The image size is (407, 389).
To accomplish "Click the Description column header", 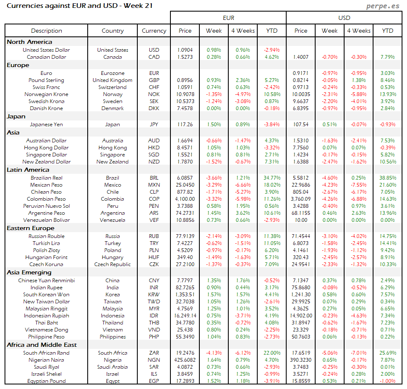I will click(x=46, y=31).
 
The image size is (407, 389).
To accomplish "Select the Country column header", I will click(x=113, y=31).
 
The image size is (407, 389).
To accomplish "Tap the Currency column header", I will click(x=154, y=31).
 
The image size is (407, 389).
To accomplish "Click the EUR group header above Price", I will click(x=228, y=18).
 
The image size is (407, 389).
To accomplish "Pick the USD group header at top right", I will click(x=344, y=18).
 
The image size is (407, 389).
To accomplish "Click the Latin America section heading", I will click(x=28, y=170).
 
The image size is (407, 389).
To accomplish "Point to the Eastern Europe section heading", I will click(x=30, y=228).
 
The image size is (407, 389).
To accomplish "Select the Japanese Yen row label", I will click(x=46, y=124).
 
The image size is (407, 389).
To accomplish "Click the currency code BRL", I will click(x=154, y=178).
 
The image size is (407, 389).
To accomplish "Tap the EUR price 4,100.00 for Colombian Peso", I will click(x=185, y=199).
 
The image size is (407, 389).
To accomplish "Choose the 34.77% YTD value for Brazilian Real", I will click(x=271, y=178).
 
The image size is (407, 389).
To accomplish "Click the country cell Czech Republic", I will click(x=113, y=264).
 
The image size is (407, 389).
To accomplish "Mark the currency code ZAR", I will click(x=154, y=353).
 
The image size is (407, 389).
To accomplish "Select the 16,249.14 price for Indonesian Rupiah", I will click(x=185, y=316).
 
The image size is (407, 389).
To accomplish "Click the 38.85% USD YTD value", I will click(x=387, y=178).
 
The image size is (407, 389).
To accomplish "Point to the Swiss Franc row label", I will click(x=46, y=87).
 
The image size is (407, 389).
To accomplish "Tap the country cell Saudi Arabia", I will click(x=113, y=367).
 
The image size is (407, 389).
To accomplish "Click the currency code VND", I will click(x=154, y=330).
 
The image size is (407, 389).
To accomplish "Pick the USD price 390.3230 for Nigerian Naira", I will click(x=301, y=360).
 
